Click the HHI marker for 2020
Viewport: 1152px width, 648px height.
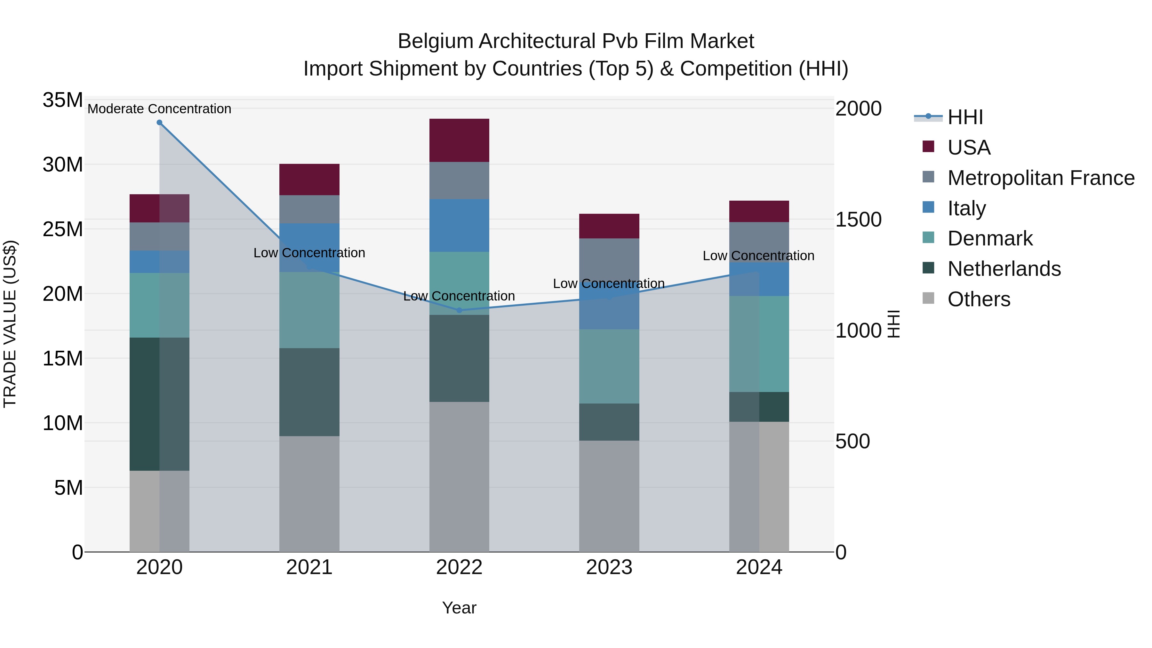pos(159,123)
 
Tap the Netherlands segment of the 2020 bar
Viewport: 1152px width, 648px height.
pos(159,404)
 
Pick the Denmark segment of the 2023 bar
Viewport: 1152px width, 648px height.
pos(609,366)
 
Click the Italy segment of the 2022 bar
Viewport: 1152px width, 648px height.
pos(459,225)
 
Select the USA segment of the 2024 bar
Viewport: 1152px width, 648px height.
pos(759,212)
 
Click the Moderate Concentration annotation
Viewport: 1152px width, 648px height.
pos(159,109)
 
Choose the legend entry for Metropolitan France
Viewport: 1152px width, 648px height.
pos(1041,178)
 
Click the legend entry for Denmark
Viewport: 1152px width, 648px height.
pos(990,238)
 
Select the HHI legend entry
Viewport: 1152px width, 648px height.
pos(965,117)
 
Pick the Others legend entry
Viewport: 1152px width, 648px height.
pos(979,299)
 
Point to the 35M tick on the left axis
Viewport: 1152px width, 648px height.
pos(63,100)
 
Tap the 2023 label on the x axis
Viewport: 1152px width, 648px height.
pos(609,567)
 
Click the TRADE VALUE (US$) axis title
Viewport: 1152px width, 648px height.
pos(10,324)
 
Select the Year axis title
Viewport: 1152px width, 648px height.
pos(459,608)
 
